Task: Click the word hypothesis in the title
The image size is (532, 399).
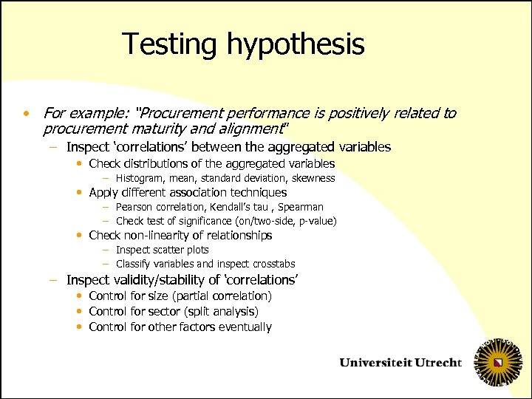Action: (296, 45)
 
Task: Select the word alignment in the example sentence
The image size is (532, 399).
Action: (250, 129)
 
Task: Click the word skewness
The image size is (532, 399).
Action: (313, 178)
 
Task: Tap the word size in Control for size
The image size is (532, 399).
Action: (163, 296)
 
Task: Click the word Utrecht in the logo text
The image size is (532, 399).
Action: (437, 363)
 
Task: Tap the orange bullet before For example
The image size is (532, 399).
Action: (26, 114)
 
